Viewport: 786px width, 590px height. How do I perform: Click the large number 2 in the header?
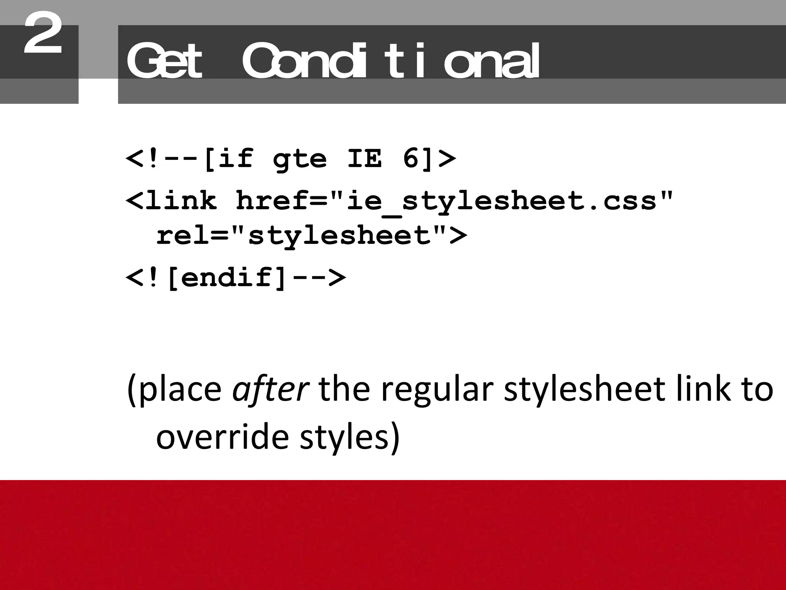coord(43,34)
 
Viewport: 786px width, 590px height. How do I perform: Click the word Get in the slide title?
coord(164,61)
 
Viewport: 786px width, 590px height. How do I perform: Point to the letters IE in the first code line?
coord(365,158)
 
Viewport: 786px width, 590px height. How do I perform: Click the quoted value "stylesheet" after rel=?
coord(339,235)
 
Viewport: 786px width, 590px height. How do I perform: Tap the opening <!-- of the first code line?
coord(163,158)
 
